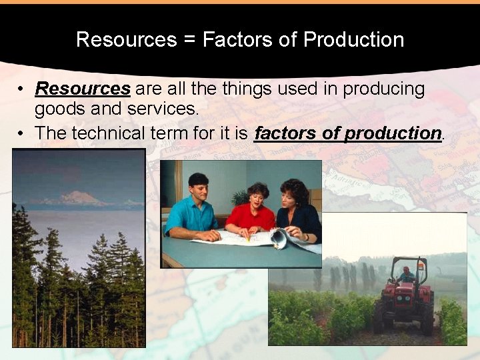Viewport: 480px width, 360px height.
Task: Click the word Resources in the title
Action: pyautogui.click(x=126, y=39)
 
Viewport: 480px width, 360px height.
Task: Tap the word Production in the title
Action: pyautogui.click(x=353, y=39)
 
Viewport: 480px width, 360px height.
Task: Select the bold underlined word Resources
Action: pyautogui.click(x=83, y=89)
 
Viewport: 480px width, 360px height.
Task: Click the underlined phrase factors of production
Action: pyautogui.click(x=348, y=133)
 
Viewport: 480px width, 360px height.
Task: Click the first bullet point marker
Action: pyautogui.click(x=22, y=89)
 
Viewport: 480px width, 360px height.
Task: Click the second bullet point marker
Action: pyautogui.click(x=22, y=134)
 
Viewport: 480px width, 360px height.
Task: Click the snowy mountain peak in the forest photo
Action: pyautogui.click(x=77, y=197)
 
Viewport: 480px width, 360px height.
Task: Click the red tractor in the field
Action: pyautogui.click(x=405, y=297)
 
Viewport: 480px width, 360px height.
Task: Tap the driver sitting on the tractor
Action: pyautogui.click(x=407, y=274)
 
